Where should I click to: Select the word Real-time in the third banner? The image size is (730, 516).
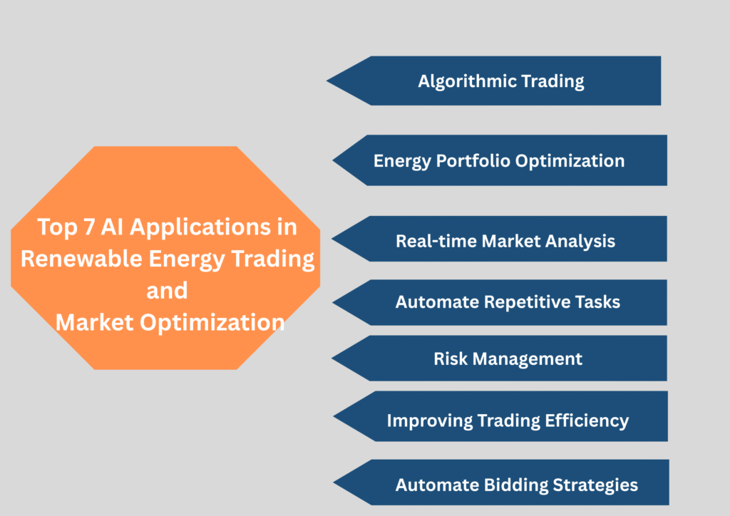click(x=436, y=241)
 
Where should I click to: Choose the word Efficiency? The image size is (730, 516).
click(x=587, y=420)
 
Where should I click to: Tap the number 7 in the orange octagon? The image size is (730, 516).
click(x=89, y=227)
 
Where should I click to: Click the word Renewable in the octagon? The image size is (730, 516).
click(x=81, y=259)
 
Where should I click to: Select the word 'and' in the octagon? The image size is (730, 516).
click(x=167, y=291)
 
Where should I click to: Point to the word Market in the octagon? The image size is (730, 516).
click(x=95, y=322)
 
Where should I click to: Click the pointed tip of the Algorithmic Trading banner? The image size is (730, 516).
click(x=327, y=81)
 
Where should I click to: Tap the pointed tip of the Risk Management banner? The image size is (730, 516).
click(x=332, y=358)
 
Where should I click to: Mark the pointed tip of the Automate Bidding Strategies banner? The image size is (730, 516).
click(x=334, y=483)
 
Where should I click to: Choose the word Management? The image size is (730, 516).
click(x=528, y=358)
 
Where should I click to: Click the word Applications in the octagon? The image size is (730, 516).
click(x=201, y=227)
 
